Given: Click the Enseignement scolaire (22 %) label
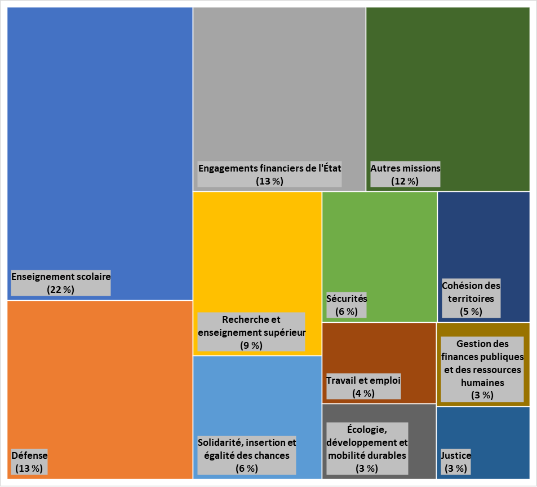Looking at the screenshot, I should pos(61,283).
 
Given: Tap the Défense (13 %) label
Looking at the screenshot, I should pos(29,462).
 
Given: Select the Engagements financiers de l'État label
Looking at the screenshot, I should pos(269,174).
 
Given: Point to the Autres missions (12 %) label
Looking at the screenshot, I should pos(405,174).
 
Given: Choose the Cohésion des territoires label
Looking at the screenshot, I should pos(471,299).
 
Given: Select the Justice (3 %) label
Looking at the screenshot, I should pos(455,462).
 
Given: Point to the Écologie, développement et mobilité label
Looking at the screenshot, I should pos(367,448).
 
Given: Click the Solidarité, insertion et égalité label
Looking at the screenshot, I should pos(247,455).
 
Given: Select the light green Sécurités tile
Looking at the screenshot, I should pos(379,243).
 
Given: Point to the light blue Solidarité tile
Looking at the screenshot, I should pos(257,395).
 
